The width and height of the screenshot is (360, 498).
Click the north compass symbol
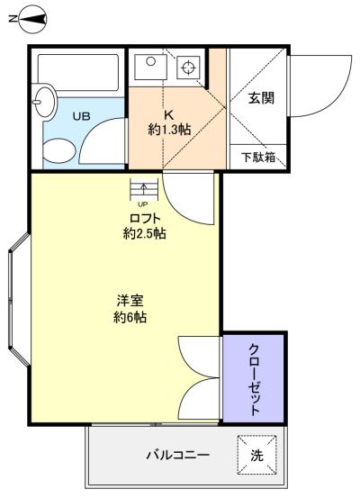click(x=32, y=19)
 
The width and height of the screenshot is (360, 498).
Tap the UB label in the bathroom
click(x=81, y=116)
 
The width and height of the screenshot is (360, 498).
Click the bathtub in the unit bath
click(x=78, y=72)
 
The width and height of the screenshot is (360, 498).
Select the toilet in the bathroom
click(x=59, y=149)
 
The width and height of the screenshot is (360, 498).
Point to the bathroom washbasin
click(x=44, y=102)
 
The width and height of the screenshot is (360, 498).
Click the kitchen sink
click(x=150, y=67)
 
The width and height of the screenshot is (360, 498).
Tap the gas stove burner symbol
click(x=188, y=68)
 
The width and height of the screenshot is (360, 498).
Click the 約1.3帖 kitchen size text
click(x=169, y=130)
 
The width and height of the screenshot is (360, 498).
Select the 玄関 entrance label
click(x=261, y=98)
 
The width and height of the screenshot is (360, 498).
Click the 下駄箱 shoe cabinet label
click(x=258, y=157)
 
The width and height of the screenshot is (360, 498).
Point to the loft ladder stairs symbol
click(x=144, y=189)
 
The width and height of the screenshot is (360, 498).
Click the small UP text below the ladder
click(x=142, y=204)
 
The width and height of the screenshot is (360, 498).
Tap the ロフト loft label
click(x=145, y=218)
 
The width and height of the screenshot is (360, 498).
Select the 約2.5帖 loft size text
click(x=144, y=234)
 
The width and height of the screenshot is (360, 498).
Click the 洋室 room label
click(x=130, y=301)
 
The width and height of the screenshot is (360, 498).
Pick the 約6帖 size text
click(x=130, y=317)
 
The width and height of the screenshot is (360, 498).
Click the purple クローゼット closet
click(x=253, y=378)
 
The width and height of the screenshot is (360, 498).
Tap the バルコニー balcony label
click(x=178, y=456)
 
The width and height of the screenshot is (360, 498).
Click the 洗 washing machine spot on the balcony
click(x=256, y=455)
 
